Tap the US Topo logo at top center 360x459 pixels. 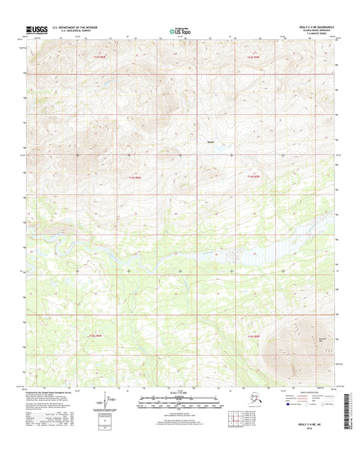(x=180, y=30)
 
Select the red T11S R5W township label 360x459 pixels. (x=253, y=57)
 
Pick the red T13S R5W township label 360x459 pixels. (x=253, y=335)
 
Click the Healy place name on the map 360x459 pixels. (x=210, y=141)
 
